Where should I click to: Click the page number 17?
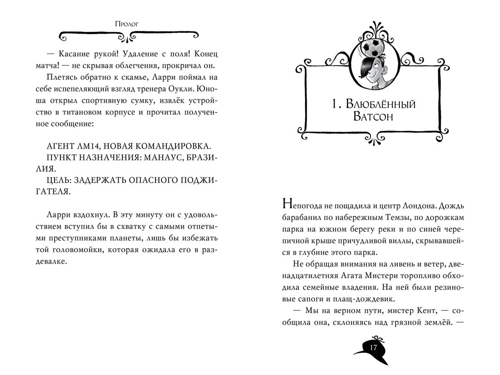coord(374,348)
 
